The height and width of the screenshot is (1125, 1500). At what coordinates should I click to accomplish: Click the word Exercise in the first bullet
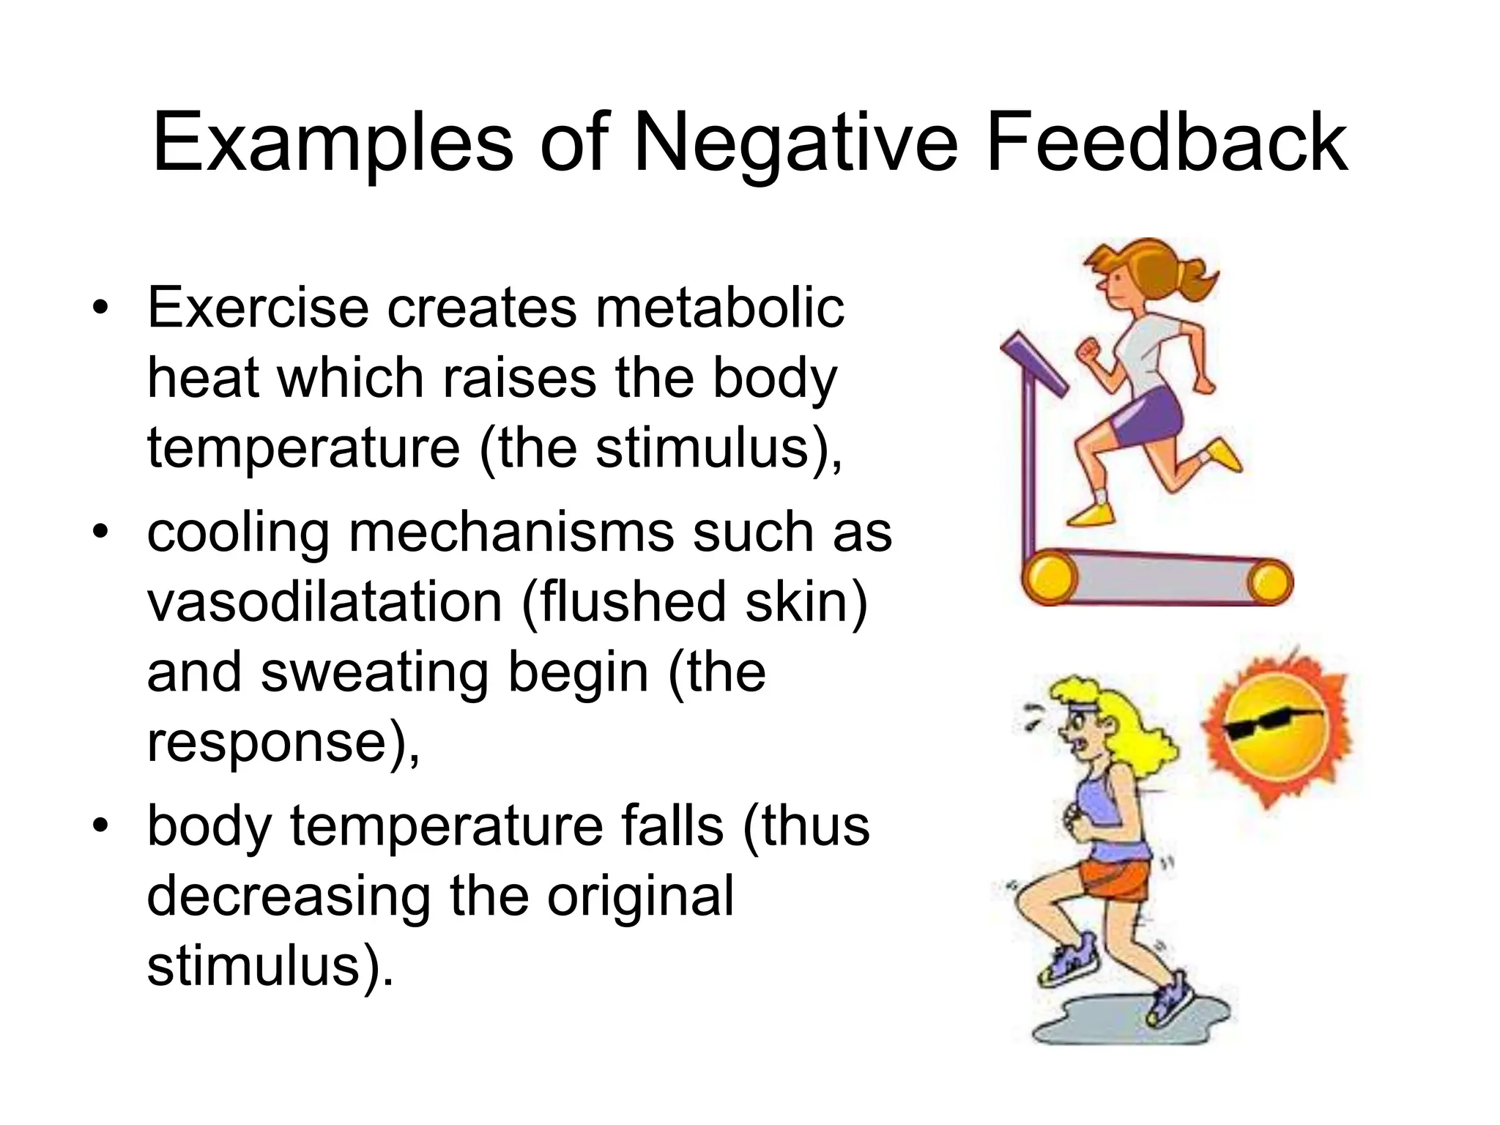258,308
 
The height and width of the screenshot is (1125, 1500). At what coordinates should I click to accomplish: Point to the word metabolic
720,308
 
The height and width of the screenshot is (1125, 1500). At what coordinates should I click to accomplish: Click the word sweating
374,672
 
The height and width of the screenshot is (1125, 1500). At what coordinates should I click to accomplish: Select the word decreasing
289,896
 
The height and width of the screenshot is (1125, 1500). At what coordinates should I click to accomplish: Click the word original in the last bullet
640,896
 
